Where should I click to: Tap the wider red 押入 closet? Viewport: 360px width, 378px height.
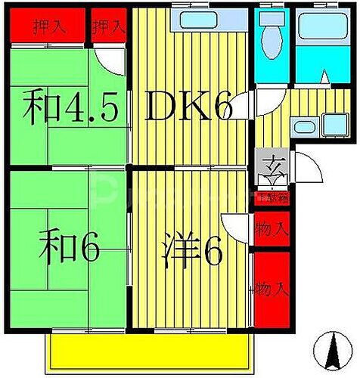pos(48,27)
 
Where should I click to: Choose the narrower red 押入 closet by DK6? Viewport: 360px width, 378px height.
pos(108,27)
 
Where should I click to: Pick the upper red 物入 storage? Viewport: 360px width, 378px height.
pos(271,227)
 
